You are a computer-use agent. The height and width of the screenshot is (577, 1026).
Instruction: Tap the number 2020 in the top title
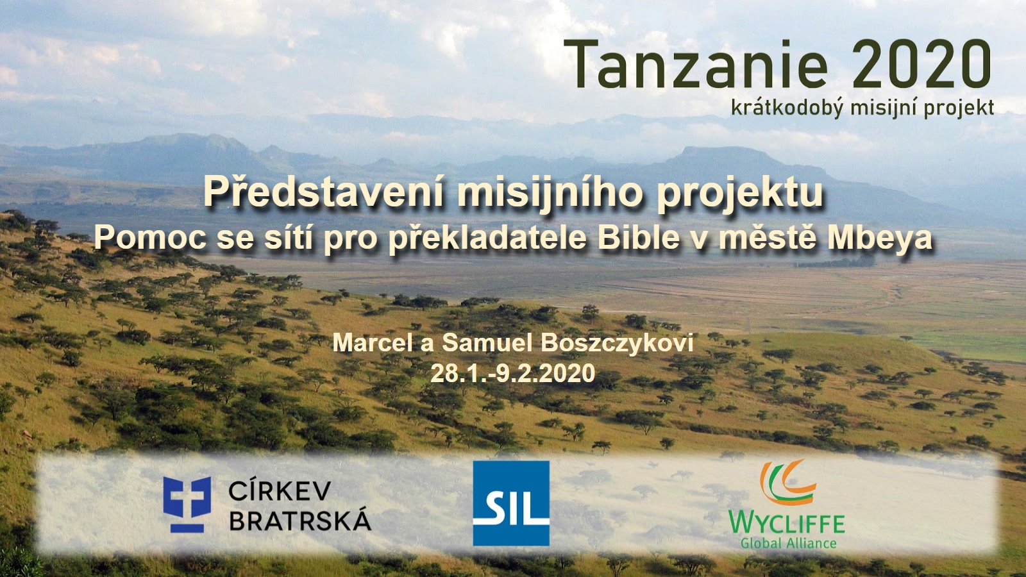click(x=921, y=64)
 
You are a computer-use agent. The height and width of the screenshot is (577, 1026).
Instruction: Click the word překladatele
click(x=487, y=238)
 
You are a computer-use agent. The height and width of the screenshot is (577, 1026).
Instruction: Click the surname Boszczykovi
click(x=618, y=344)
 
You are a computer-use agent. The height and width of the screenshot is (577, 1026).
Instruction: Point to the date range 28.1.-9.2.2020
click(x=513, y=373)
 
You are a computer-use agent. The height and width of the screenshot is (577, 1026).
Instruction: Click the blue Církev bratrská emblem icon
click(x=187, y=504)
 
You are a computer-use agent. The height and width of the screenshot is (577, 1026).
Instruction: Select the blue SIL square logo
click(x=511, y=503)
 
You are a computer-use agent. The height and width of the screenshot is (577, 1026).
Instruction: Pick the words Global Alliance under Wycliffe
click(x=789, y=543)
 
